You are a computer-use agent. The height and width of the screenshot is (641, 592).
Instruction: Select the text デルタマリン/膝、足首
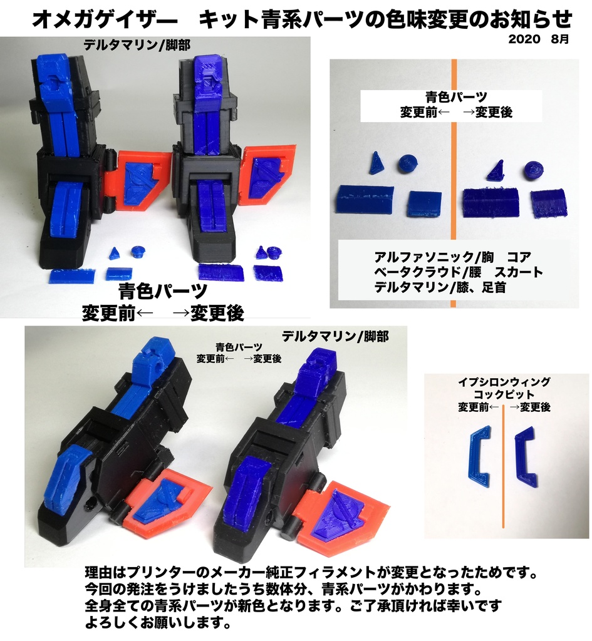440,288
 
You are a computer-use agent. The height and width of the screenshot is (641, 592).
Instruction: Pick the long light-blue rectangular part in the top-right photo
364,200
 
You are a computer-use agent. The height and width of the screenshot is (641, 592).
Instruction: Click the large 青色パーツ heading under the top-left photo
163,292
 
